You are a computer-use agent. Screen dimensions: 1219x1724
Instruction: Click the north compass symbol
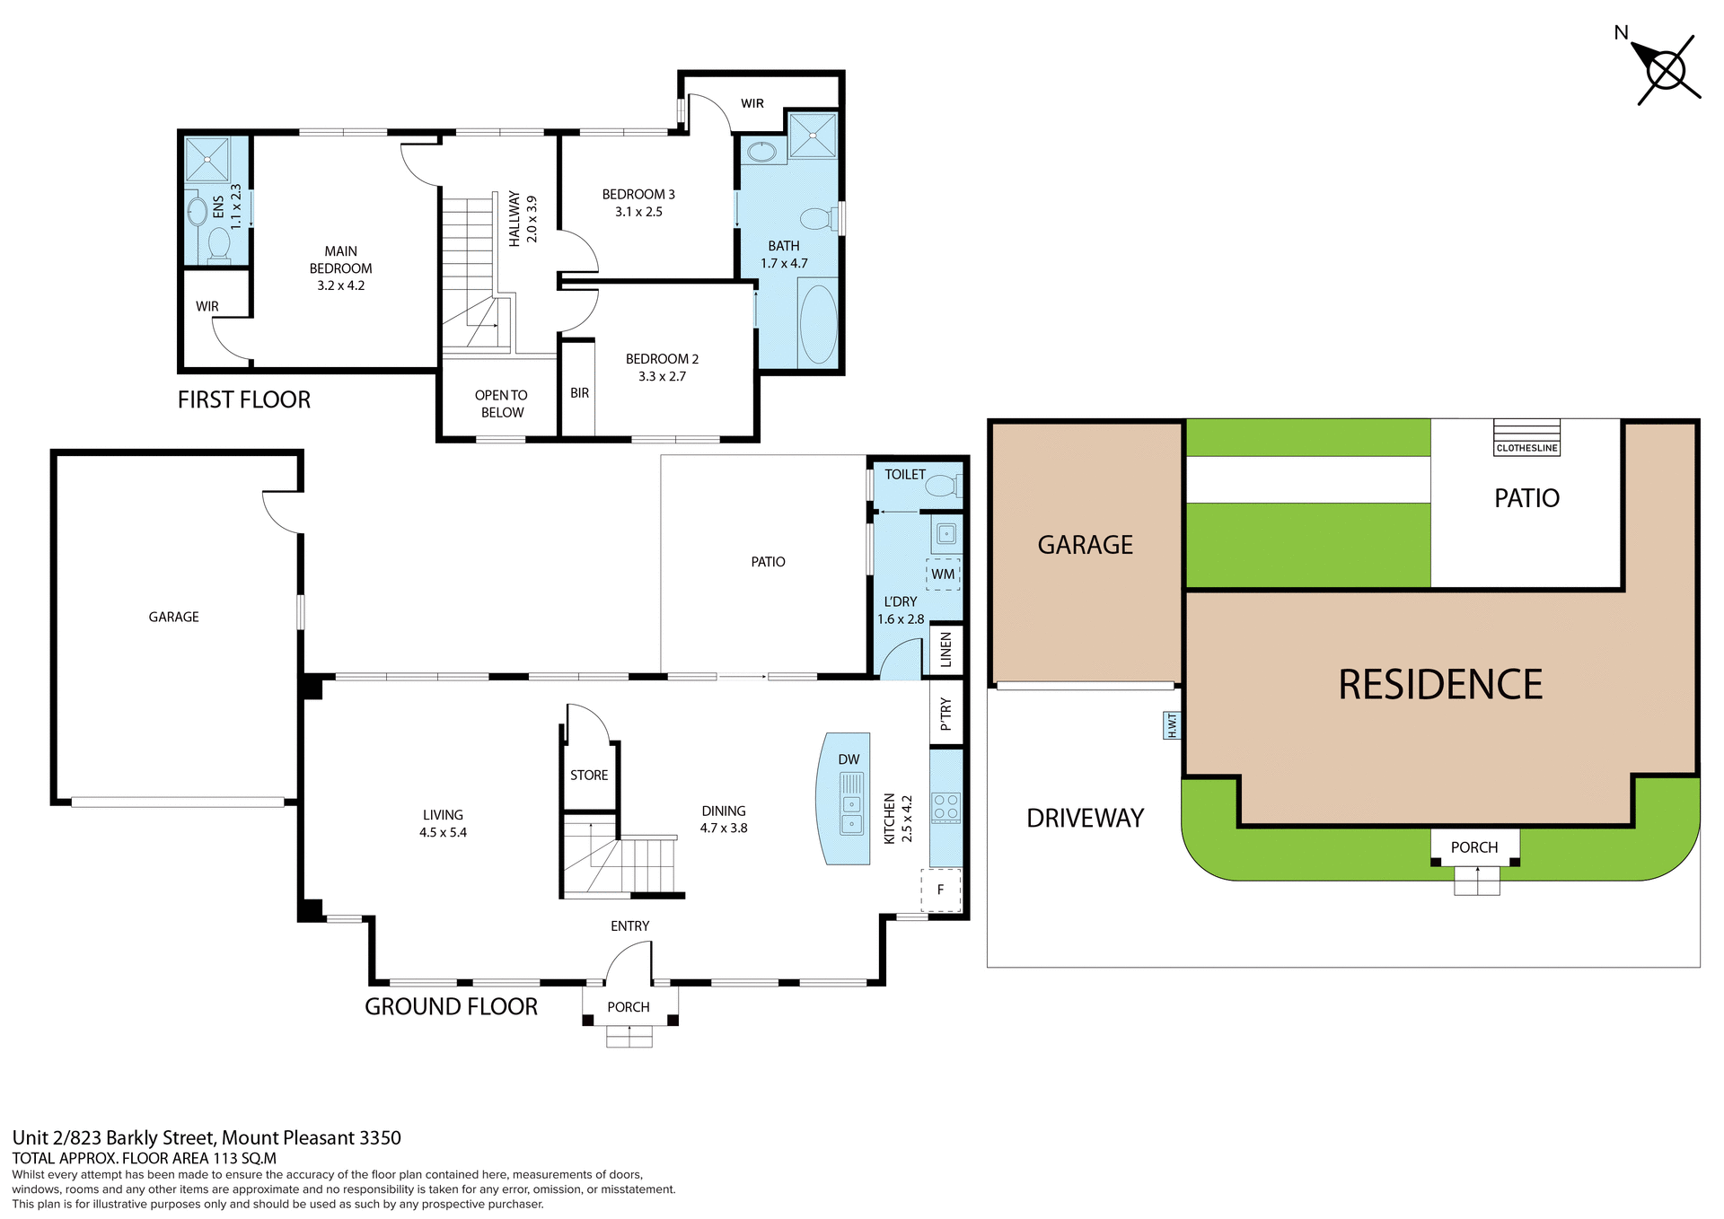point(1666,70)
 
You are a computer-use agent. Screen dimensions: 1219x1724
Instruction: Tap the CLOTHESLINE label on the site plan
point(1526,448)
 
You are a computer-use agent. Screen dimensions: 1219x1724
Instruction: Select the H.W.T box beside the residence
point(1171,725)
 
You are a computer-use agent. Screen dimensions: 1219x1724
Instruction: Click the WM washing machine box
point(943,574)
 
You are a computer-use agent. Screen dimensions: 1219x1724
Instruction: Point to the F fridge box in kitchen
point(941,890)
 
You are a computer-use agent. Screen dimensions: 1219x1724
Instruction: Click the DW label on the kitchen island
point(849,759)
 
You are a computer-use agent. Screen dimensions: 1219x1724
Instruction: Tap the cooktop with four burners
point(946,807)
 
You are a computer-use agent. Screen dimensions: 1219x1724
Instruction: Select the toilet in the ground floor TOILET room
point(942,486)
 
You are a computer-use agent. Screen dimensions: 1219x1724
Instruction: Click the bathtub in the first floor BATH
point(818,323)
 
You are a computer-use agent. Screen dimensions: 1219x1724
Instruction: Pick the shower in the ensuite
point(207,160)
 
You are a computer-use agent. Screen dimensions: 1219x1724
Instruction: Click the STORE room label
point(589,775)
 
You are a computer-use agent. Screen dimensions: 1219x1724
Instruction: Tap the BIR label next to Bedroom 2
point(579,393)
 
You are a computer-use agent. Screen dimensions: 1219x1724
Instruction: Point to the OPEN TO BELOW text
point(501,404)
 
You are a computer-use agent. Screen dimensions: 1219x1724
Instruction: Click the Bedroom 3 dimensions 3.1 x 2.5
point(638,212)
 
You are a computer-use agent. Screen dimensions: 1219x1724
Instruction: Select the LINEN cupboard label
point(946,650)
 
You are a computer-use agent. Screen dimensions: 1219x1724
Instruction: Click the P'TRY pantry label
point(946,714)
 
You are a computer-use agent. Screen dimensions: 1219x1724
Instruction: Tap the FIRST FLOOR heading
point(243,399)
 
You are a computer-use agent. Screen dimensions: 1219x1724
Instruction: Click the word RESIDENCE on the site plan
point(1439,685)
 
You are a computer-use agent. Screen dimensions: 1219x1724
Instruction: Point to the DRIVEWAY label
point(1085,818)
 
